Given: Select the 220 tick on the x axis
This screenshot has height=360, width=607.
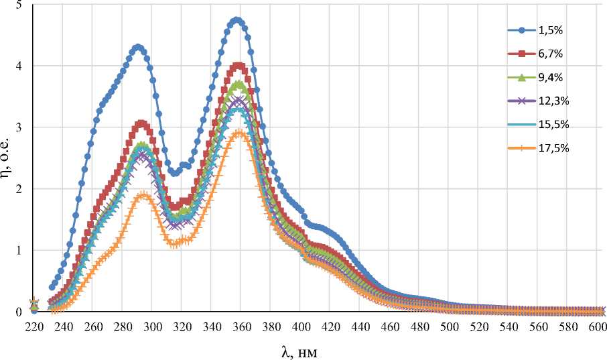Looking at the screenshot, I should pyautogui.click(x=34, y=327).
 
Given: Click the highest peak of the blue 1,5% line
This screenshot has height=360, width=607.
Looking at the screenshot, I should pyautogui.click(x=237, y=20).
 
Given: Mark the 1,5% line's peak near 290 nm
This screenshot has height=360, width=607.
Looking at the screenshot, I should pyautogui.click(x=138, y=47).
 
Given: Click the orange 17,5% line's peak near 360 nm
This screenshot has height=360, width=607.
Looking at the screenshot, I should pyautogui.click(x=239, y=133).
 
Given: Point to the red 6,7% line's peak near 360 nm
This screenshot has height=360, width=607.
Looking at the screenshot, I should pyautogui.click(x=239, y=65).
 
